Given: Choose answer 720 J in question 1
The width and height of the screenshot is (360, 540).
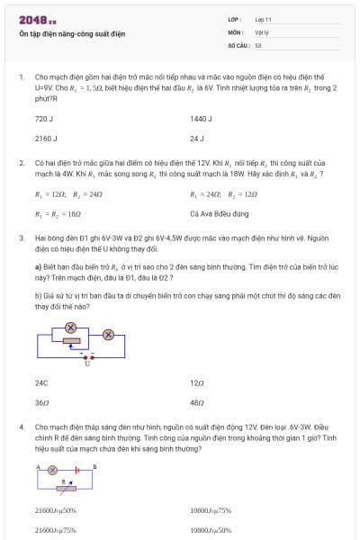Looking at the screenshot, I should (x=44, y=118).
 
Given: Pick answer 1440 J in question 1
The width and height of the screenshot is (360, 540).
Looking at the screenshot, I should (x=201, y=118).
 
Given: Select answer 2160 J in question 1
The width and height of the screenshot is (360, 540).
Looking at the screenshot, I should (x=46, y=139).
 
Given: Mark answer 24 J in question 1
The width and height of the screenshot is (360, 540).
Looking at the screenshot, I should (x=197, y=139).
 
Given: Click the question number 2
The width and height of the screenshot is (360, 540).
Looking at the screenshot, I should (x=22, y=162).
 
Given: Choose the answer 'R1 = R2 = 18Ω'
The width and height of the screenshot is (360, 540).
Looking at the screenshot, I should (x=58, y=214).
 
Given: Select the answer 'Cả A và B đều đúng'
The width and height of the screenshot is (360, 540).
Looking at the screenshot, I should (x=220, y=214).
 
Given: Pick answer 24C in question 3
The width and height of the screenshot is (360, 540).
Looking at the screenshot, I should (x=41, y=382).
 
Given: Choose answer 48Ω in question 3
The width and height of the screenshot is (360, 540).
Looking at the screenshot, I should (x=197, y=402).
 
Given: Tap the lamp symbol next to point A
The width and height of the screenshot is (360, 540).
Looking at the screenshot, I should (x=52, y=470).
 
